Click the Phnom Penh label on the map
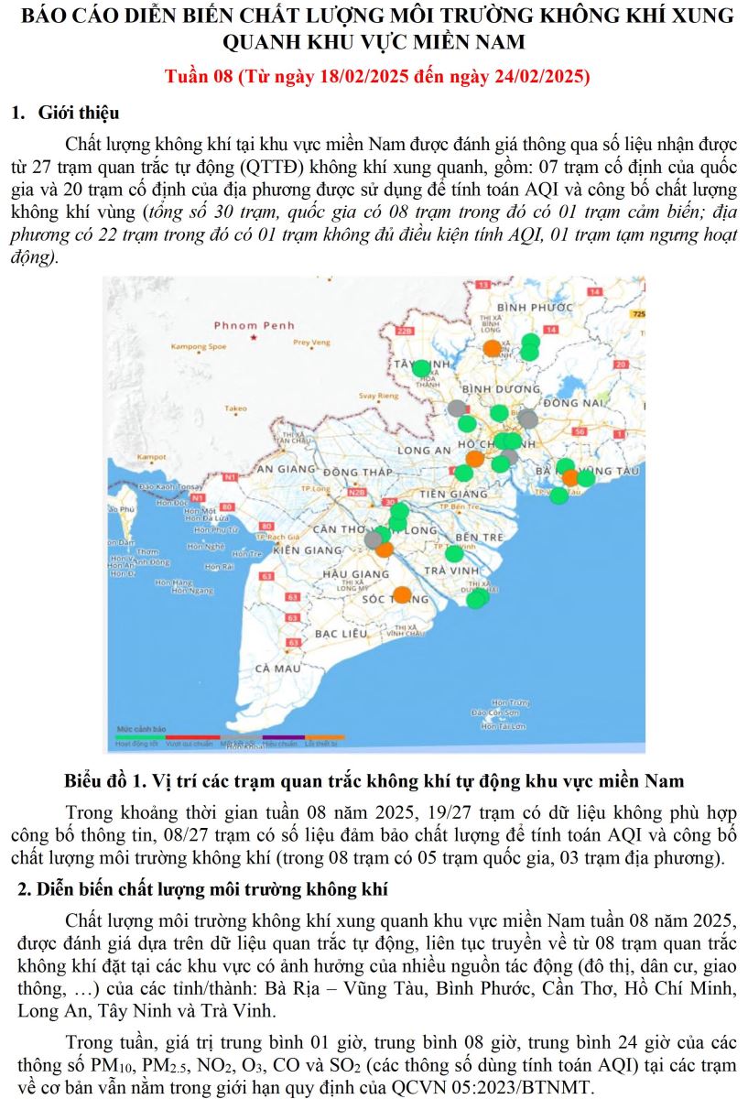coord(254,325)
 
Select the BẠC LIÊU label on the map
coord(341,633)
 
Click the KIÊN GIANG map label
coord(307,549)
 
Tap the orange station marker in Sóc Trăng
coord(402,594)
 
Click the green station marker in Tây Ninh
coord(421,368)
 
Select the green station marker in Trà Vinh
coord(454,553)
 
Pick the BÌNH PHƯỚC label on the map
coord(536,307)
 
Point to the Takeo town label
coord(235,408)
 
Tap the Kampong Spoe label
coord(199,347)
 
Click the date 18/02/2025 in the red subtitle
coord(363,76)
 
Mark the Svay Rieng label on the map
coord(378,396)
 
